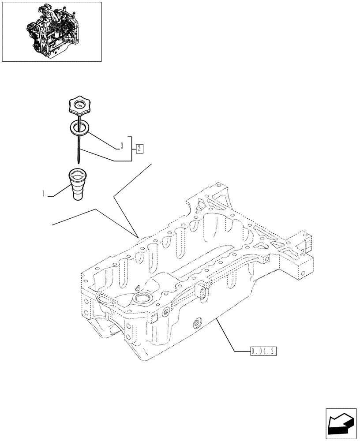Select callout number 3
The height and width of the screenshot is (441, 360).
121,145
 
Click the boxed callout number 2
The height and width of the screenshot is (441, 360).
139,148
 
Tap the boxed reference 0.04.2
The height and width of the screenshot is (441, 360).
263,351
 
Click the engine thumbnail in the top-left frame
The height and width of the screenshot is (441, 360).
52,31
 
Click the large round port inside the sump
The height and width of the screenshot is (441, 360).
143,299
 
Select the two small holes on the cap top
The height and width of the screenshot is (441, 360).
79,105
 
